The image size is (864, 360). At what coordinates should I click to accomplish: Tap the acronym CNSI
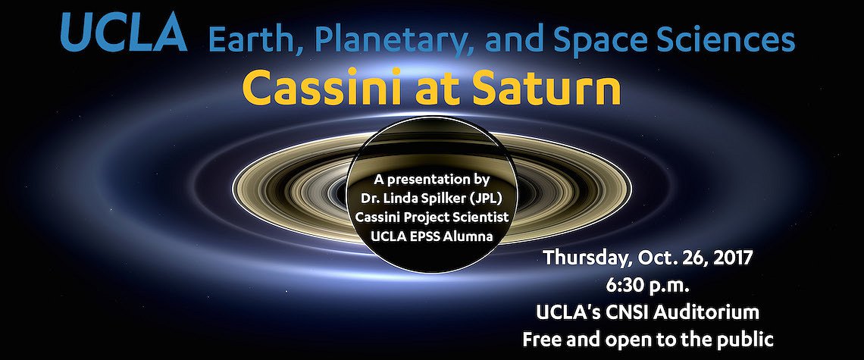tap(622, 312)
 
